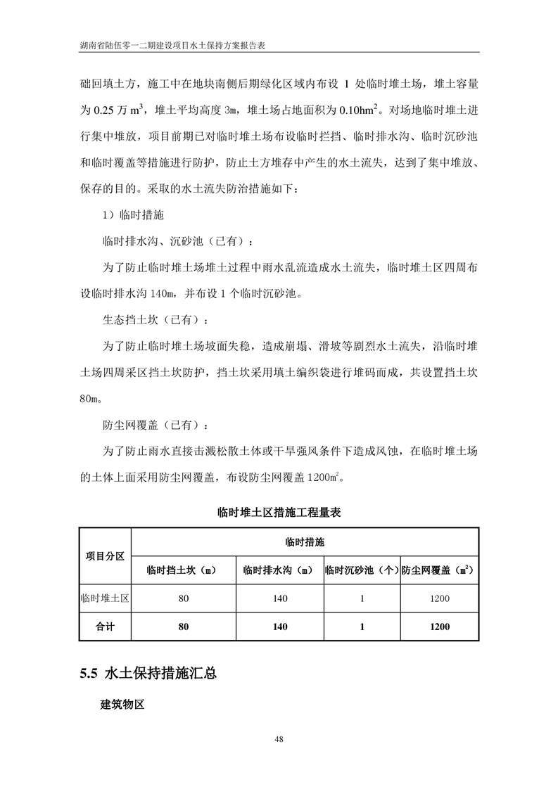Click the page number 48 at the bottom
(x=279, y=738)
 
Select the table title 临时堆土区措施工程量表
(x=279, y=513)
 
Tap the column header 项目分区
(x=105, y=556)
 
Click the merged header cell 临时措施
(x=305, y=542)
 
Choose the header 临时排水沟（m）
(x=278, y=570)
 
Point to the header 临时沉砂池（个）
(x=362, y=570)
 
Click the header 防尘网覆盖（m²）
(x=440, y=570)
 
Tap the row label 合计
(x=105, y=627)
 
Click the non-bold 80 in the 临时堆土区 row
(x=184, y=598)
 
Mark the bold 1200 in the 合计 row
(x=440, y=627)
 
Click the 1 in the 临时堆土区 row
(x=362, y=598)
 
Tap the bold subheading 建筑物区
(x=122, y=705)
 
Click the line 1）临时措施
(x=134, y=215)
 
